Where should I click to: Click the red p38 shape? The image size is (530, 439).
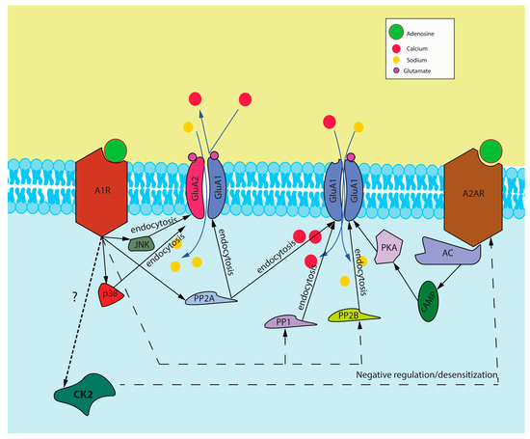(x=113, y=290)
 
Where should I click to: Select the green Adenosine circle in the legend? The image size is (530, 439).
(x=398, y=32)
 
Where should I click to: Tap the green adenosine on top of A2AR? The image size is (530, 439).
(x=492, y=151)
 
